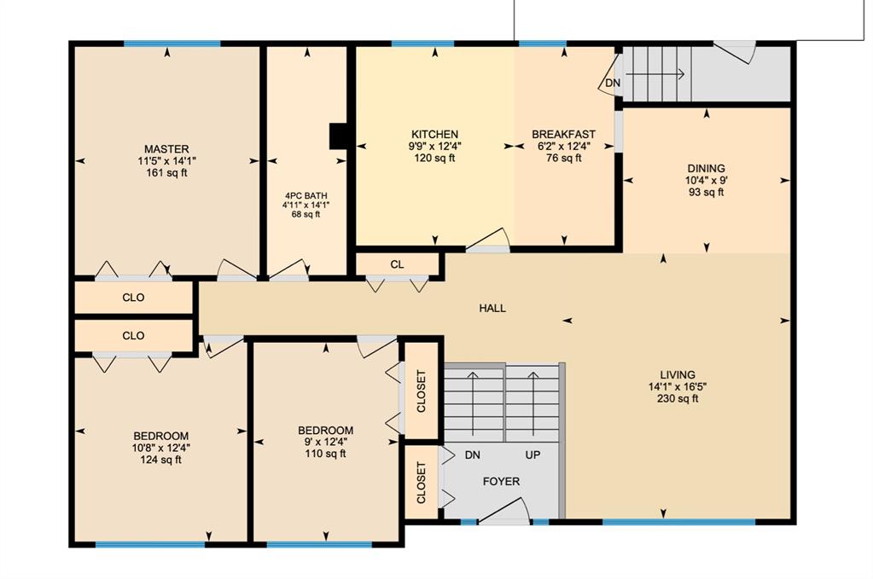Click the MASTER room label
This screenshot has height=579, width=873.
(166, 149)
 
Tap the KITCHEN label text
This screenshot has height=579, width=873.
(435, 134)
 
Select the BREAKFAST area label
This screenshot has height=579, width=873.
(563, 134)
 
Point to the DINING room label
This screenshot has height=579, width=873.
(706, 168)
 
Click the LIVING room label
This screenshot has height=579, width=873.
(678, 375)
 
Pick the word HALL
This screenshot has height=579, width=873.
(492, 308)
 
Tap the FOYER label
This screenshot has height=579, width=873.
(501, 482)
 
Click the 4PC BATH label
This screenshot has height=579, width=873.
(306, 196)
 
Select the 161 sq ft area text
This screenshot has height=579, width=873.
(166, 172)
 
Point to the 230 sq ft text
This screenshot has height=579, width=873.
(678, 398)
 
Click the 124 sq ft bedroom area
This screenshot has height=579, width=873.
(161, 460)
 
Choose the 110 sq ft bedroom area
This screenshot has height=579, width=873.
(326, 454)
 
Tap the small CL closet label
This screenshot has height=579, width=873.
(397, 264)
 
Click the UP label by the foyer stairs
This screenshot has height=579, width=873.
(533, 455)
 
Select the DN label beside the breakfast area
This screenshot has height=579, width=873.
(613, 84)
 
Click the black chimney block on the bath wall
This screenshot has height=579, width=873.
(339, 136)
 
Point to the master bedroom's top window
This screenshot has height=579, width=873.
(172, 43)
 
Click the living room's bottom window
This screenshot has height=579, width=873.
(678, 522)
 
